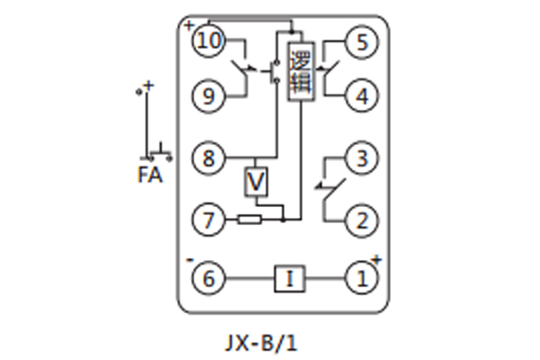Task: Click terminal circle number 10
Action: pos(209,40)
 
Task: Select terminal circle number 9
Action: pos(209,95)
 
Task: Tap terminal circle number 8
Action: pos(209,160)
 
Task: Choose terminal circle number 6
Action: pos(209,279)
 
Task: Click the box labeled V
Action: pos(257,183)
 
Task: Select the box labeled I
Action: pos(289,279)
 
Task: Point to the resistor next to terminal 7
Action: pos(249,218)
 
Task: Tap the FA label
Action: pos(150,175)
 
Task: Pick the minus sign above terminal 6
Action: pos(191,261)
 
